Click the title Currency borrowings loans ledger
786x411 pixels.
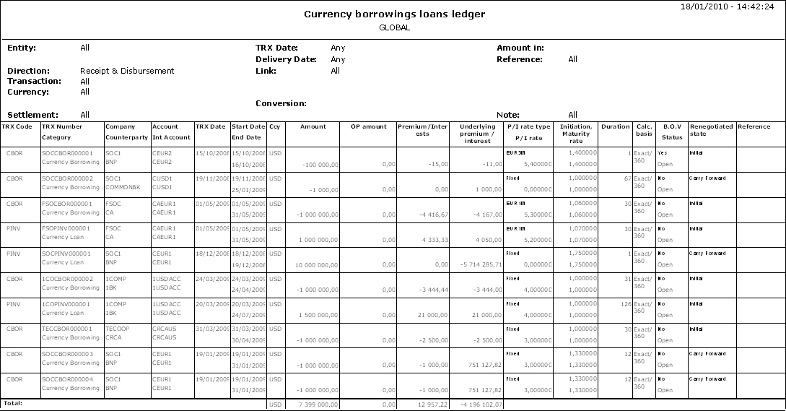(x=394, y=14)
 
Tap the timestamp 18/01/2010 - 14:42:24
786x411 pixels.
(x=733, y=6)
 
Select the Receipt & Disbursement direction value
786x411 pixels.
(x=127, y=71)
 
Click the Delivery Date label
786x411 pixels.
(x=287, y=59)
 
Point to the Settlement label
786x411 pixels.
(x=32, y=115)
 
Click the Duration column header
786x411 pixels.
(x=615, y=127)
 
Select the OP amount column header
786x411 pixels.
(x=368, y=127)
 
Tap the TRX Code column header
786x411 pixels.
(x=17, y=127)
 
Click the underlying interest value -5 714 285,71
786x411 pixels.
(x=479, y=265)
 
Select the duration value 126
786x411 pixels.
(x=624, y=304)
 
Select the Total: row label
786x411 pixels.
(x=13, y=402)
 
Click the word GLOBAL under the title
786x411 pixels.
(x=394, y=27)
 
